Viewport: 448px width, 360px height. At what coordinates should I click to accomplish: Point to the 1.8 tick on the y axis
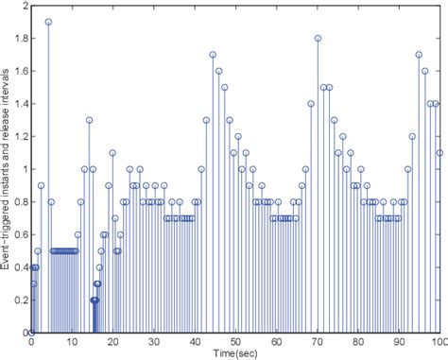point(19,39)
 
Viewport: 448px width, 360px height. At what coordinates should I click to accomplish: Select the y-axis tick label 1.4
point(19,104)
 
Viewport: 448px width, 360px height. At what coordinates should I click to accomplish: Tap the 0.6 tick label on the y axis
point(19,234)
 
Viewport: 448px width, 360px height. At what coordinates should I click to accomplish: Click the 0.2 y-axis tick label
point(19,300)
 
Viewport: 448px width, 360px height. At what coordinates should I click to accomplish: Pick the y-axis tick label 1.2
point(19,137)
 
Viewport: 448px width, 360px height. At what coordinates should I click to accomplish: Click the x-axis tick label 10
point(73,342)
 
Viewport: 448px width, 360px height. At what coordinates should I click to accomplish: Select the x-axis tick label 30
point(154,342)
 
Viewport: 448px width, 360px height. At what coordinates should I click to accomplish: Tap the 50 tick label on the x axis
point(236,342)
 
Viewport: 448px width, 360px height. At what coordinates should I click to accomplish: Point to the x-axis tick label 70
point(318,342)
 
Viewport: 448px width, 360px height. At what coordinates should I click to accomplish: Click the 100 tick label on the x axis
point(438,342)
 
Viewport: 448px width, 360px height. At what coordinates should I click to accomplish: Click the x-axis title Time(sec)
point(236,352)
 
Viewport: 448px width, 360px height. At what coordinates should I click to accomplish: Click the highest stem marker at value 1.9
point(48,22)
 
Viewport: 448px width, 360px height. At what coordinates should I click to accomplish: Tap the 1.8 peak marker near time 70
point(319,39)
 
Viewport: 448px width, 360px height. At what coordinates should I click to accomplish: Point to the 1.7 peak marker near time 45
point(213,55)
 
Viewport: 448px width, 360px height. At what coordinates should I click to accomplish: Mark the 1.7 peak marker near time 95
point(419,55)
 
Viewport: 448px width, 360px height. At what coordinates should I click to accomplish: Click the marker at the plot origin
point(31,332)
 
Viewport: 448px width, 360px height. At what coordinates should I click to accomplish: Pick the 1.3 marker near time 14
point(90,120)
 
